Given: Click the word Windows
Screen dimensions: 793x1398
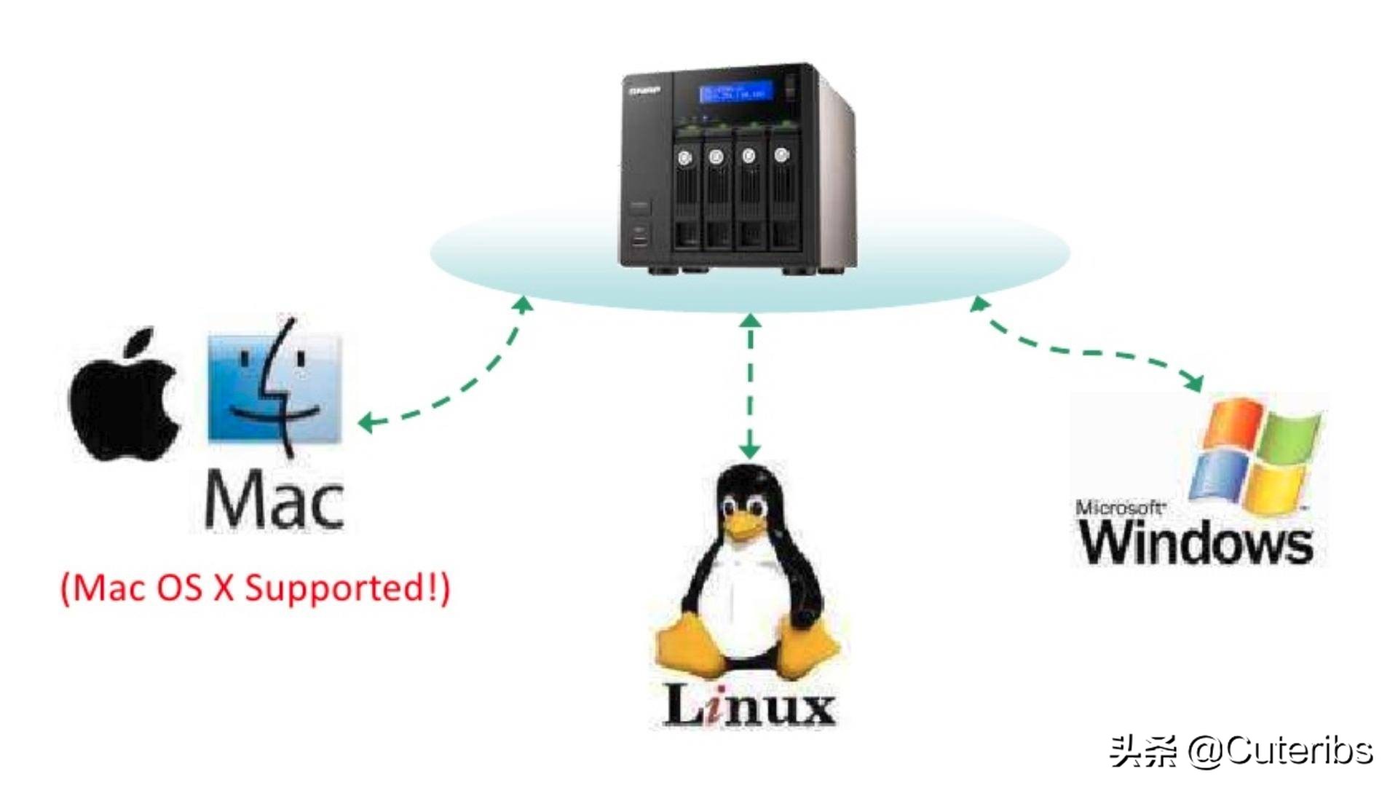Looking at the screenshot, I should [x=1196, y=543].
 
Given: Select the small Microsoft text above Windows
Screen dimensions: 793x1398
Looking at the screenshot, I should [x=1120, y=508].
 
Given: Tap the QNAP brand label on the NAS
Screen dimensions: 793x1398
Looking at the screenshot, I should [x=644, y=91].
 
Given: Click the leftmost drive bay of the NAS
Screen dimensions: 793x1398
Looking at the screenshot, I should [x=686, y=193].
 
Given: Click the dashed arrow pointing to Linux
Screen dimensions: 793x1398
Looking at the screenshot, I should [x=750, y=386].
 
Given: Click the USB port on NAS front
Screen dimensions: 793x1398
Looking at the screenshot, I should [x=639, y=237].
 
